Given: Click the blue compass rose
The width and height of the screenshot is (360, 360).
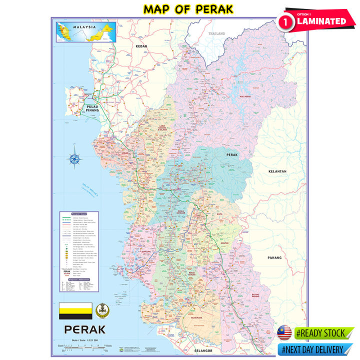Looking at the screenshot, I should pyautogui.click(x=75, y=159).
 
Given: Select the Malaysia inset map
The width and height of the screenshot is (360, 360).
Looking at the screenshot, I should pyautogui.click(x=86, y=31).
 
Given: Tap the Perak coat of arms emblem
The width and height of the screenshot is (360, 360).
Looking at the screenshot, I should pyautogui.click(x=100, y=311).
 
